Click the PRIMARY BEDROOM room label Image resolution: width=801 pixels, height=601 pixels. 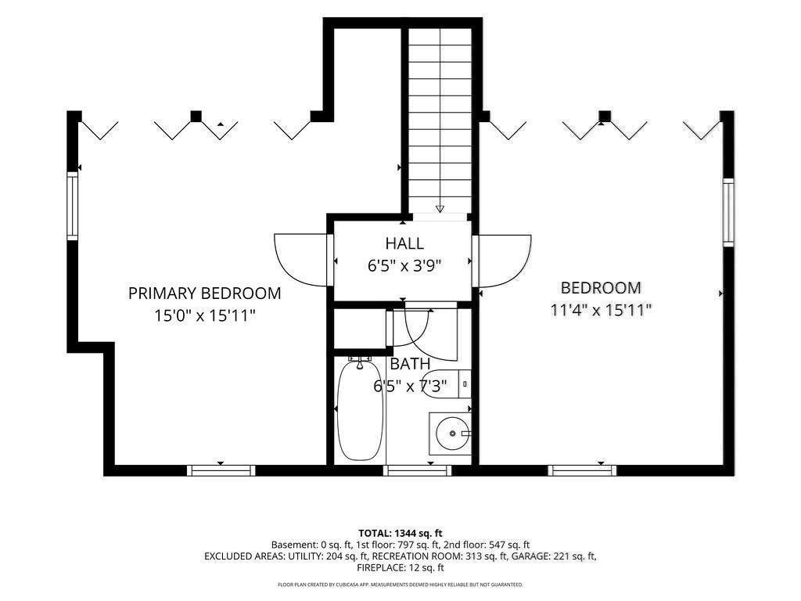click(204, 293)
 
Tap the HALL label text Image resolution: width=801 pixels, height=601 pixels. click(404, 243)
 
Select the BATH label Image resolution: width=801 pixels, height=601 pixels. click(410, 364)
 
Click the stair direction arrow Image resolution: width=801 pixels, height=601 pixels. click(440, 208)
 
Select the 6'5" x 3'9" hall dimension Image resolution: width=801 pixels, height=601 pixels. click(404, 266)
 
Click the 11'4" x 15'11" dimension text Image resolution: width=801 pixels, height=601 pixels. click(601, 310)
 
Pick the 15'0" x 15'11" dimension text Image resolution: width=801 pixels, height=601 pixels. click(205, 315)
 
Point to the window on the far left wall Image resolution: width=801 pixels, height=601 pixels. click(73, 206)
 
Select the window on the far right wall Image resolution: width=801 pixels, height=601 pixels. click(728, 212)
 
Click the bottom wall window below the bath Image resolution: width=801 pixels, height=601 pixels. click(418, 470)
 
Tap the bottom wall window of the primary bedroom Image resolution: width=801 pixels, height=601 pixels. click(221, 470)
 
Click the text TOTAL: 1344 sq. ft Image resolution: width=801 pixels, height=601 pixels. click(400, 534)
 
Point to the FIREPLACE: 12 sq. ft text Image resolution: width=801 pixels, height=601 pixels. click(400, 567)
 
